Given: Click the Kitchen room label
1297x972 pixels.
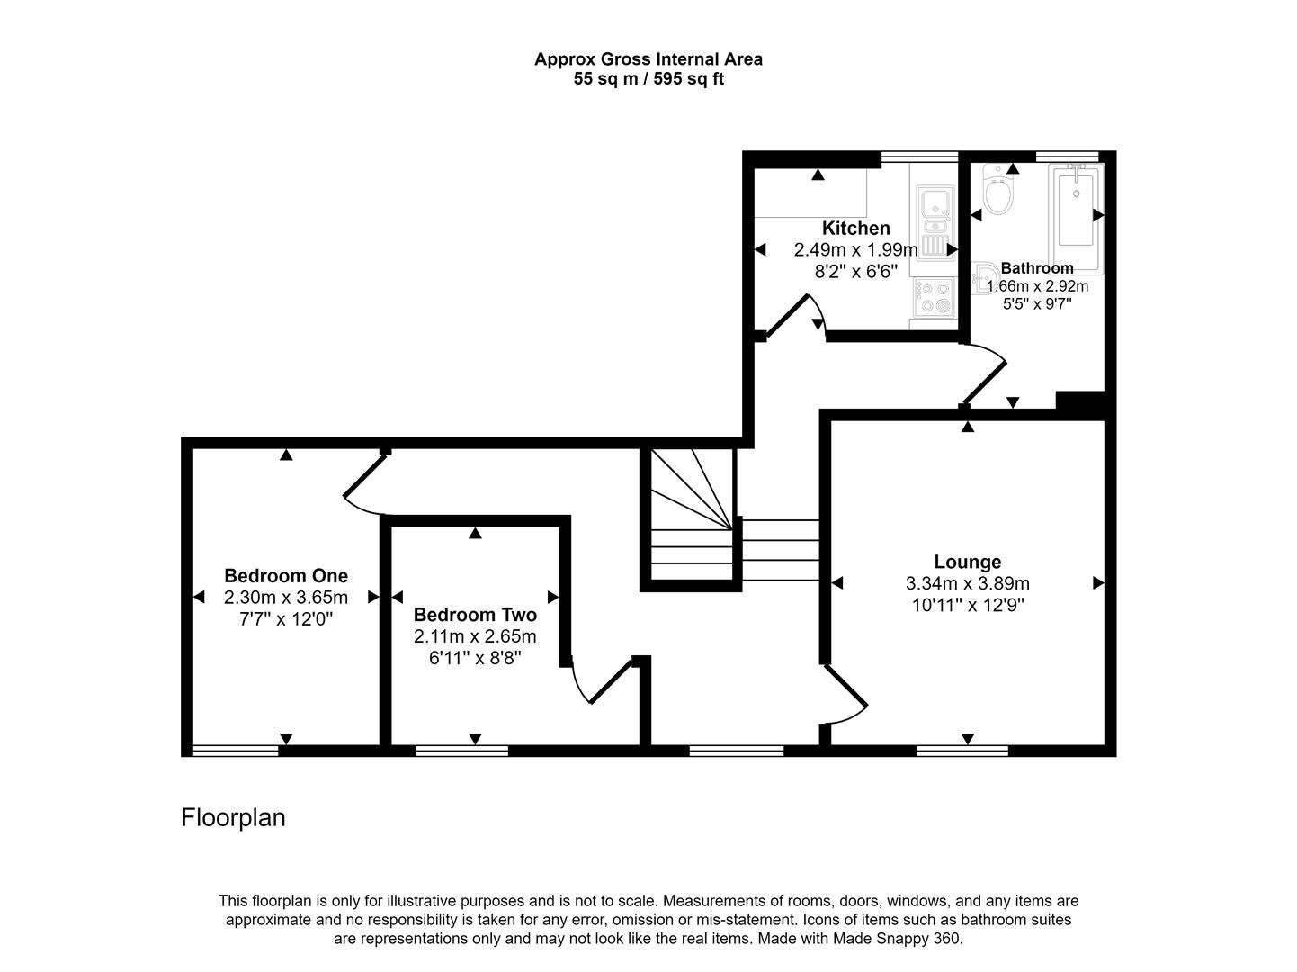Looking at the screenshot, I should point(855,229).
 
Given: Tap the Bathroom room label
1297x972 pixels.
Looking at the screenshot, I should point(1036,268).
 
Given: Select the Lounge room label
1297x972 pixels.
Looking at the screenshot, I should point(967,562).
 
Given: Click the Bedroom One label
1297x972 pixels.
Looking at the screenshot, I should point(286,575).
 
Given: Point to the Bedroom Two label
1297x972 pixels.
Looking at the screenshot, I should point(475,615).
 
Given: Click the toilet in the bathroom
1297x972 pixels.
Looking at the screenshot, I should point(997,192).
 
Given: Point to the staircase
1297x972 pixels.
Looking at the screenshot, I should point(691,517).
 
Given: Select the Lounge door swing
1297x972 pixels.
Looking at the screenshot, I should point(845,697).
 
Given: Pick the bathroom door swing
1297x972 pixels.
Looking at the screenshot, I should point(987,373).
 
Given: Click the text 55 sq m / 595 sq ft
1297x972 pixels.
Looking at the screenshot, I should point(648,79).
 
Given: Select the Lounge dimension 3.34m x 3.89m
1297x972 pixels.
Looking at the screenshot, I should point(967,583).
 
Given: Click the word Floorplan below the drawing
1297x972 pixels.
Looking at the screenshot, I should point(233,817).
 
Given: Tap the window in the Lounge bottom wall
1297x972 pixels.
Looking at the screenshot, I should point(962,750).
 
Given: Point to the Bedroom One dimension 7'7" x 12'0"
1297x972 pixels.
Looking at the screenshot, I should point(286,618).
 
